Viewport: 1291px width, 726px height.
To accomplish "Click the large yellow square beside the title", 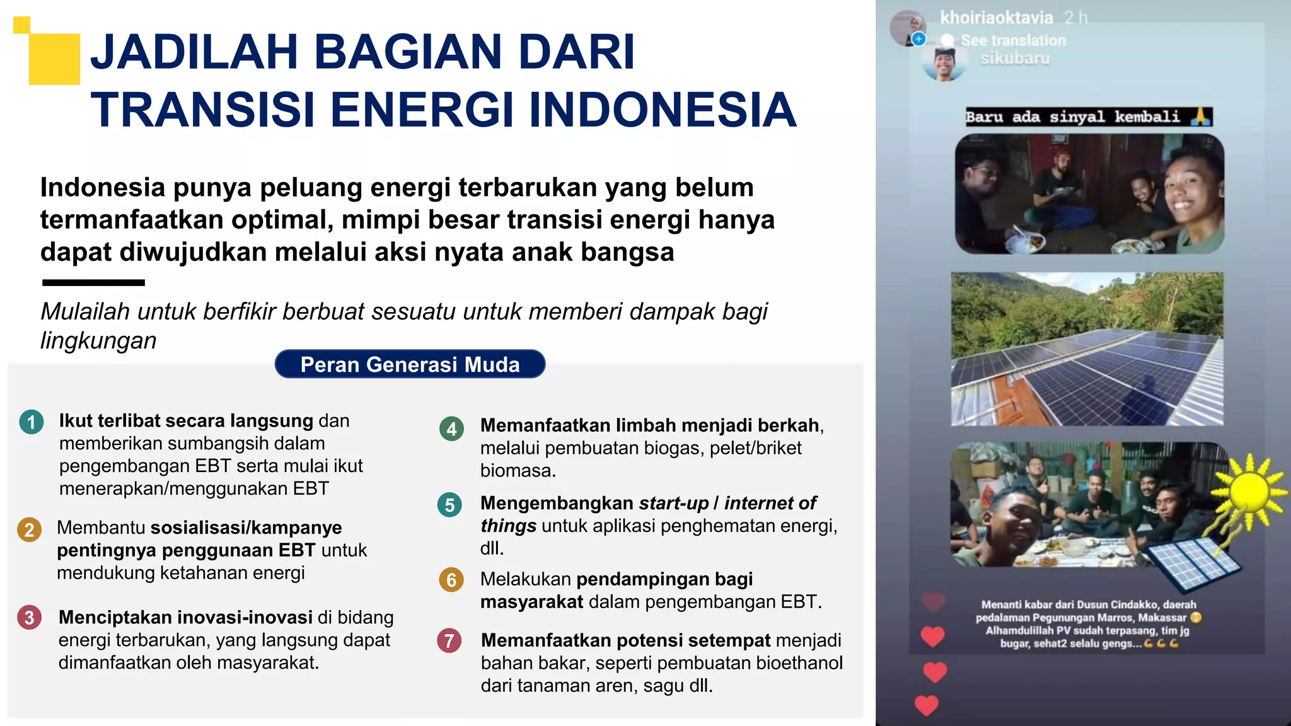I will click(x=55, y=59).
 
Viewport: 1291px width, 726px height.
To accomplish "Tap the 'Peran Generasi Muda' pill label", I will click(x=410, y=364).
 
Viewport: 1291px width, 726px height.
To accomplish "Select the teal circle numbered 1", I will click(x=32, y=422).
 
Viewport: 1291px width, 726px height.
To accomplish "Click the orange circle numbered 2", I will click(x=29, y=530).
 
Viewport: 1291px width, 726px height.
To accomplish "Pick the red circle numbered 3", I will click(x=29, y=618).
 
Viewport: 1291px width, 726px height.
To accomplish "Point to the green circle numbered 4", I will click(x=451, y=429).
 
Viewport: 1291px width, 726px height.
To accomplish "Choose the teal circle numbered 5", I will click(x=449, y=505).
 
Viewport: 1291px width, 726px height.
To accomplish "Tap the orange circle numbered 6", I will click(x=451, y=580).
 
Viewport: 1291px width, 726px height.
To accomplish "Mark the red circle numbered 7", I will click(x=449, y=641).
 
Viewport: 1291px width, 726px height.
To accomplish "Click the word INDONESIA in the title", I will click(x=662, y=110).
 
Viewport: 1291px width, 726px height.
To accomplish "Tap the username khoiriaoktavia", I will click(x=996, y=18).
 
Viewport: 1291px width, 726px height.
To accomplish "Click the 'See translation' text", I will click(x=1012, y=40).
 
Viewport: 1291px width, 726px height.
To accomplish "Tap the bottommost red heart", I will click(x=927, y=705).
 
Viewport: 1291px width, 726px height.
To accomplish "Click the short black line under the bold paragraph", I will click(x=93, y=283).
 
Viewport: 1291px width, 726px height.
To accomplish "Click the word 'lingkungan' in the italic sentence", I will click(x=98, y=340).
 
